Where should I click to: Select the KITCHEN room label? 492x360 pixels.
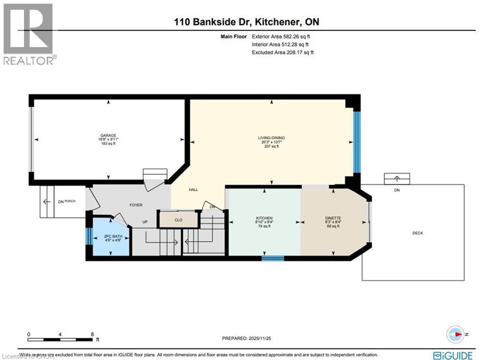tap(264, 218)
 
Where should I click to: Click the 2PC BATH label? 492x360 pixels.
tap(111, 236)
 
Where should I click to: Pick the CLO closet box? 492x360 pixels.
tap(178, 219)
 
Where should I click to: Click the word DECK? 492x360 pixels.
tap(418, 233)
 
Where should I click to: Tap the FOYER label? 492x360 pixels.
tap(136, 205)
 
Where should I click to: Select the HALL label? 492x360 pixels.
tap(193, 190)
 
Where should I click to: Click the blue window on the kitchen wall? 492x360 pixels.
tap(273, 258)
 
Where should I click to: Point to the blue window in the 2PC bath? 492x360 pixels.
tap(88, 236)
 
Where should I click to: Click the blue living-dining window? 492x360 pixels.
tap(357, 142)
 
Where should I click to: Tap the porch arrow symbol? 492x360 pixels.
tap(47, 201)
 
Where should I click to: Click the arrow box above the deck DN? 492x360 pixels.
tap(397, 178)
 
